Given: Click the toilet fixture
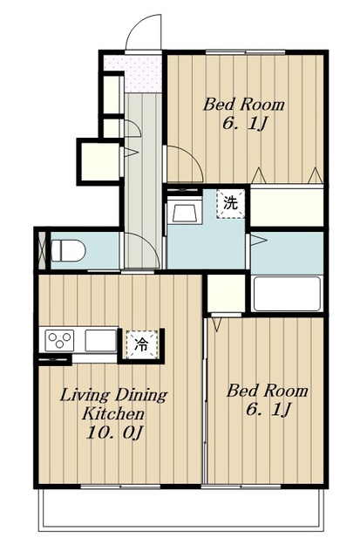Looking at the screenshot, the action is [x=69, y=250].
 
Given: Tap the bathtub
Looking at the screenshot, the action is [x=287, y=294].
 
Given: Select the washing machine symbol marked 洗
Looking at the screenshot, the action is [x=230, y=203].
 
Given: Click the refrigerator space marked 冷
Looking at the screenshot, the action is [x=141, y=344].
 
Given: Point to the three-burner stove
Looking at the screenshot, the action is [x=59, y=341].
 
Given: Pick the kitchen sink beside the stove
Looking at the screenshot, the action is [x=100, y=341].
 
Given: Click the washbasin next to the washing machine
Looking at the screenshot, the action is [x=185, y=212].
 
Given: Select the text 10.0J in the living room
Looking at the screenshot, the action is [x=115, y=433].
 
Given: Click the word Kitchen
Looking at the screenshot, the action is [x=113, y=414].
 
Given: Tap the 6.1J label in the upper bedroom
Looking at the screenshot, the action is [x=245, y=124].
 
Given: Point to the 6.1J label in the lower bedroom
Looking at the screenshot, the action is [x=268, y=409].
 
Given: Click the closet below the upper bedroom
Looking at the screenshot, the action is [x=287, y=206].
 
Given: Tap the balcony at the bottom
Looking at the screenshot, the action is [x=181, y=509].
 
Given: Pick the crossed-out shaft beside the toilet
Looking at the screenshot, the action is [x=42, y=250].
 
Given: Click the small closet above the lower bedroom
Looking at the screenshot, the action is [x=227, y=293].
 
